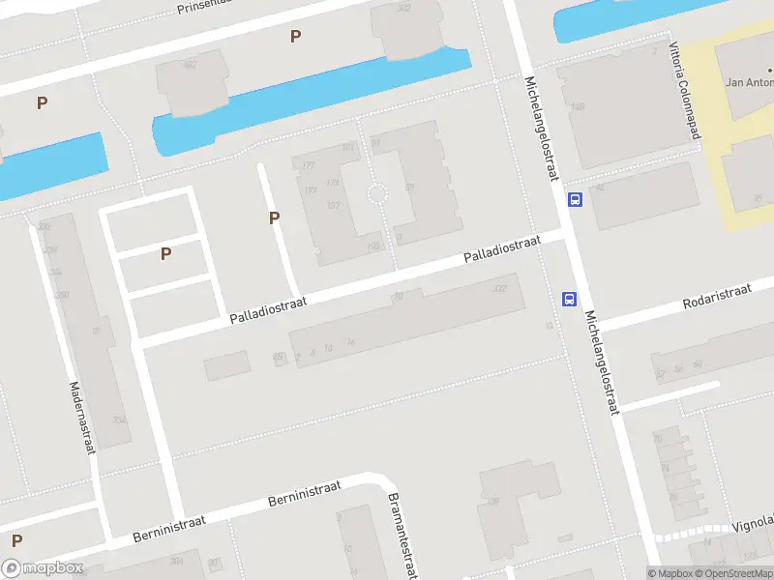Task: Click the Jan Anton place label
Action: (749, 82)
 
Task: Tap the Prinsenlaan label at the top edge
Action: (200, 7)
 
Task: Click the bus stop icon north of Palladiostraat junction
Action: (575, 200)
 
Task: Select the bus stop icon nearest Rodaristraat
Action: (569, 299)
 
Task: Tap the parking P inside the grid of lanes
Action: (166, 254)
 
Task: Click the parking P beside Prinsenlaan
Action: (295, 37)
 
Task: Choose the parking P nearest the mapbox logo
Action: (16, 540)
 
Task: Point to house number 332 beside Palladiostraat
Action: (499, 288)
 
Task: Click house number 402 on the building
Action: (190, 66)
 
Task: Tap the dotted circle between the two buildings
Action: (377, 195)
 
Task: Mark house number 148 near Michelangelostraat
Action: (578, 106)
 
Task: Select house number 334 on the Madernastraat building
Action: (119, 420)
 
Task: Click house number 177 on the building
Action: (310, 166)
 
